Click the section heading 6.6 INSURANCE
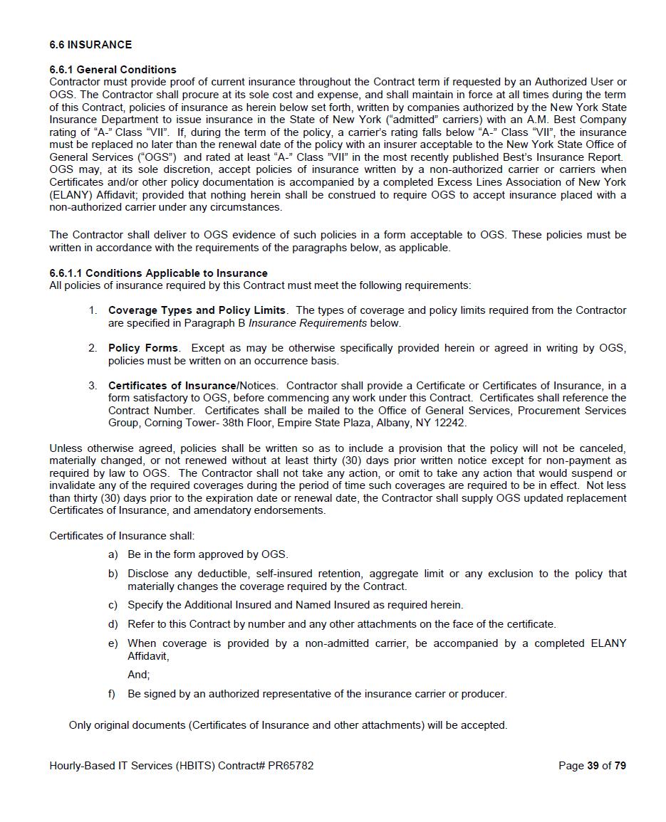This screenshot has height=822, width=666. (x=90, y=45)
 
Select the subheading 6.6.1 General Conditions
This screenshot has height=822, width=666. (x=113, y=70)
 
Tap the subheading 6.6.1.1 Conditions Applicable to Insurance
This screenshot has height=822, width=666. (x=158, y=273)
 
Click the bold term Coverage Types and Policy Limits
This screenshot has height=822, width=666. (x=197, y=310)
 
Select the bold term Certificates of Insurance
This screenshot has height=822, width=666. (x=172, y=386)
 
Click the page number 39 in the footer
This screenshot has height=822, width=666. (x=593, y=766)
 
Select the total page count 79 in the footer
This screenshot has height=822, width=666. (x=620, y=766)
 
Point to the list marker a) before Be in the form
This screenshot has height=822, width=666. (x=113, y=554)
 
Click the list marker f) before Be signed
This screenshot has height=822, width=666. (x=112, y=694)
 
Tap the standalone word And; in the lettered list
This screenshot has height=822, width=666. (x=139, y=675)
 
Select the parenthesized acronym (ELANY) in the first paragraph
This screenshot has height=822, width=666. (x=70, y=195)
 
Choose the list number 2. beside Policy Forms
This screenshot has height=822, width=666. (x=93, y=348)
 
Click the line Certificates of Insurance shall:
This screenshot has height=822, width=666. (x=122, y=536)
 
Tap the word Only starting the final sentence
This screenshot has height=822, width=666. (x=80, y=725)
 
